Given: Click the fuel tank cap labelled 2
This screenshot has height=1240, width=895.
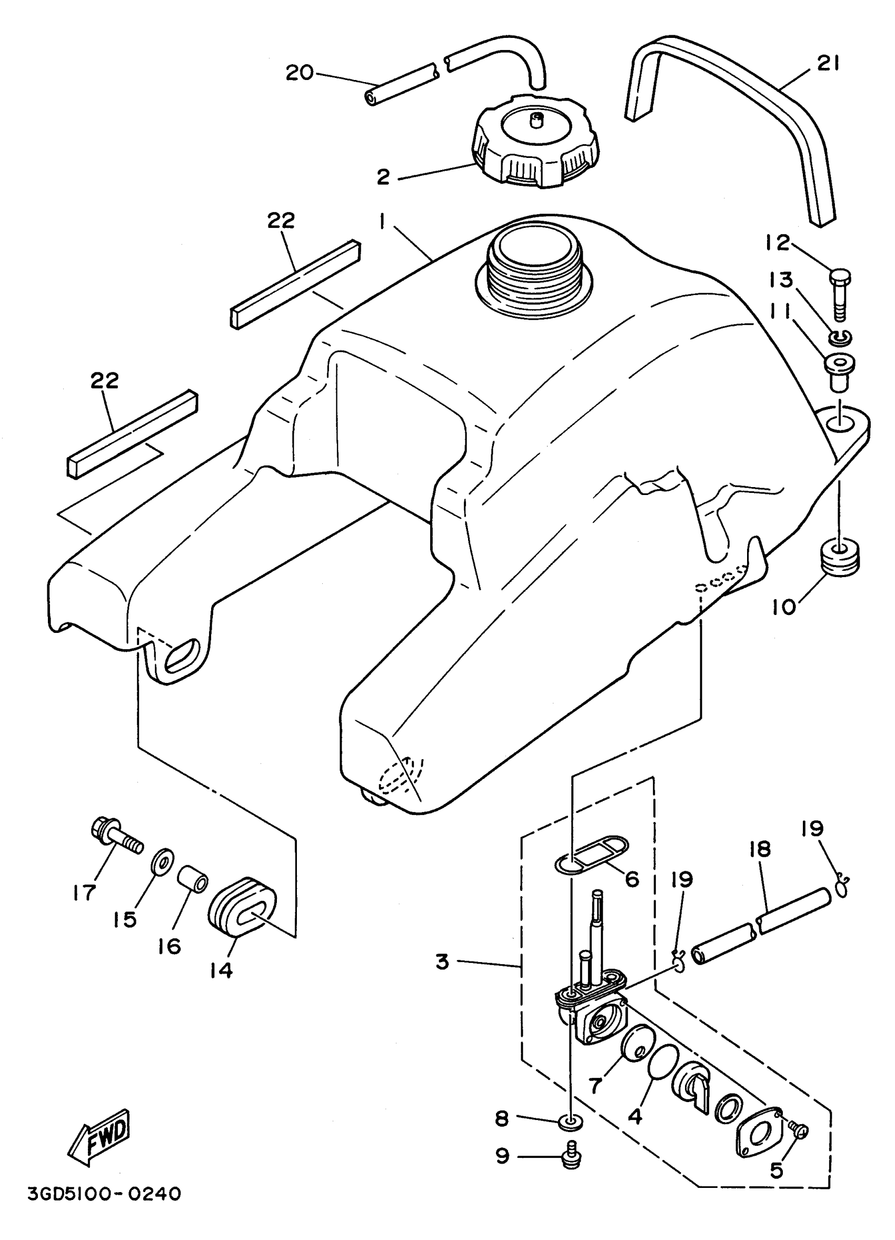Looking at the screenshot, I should point(535,142).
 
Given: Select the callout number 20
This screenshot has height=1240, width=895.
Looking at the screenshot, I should point(300,73).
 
